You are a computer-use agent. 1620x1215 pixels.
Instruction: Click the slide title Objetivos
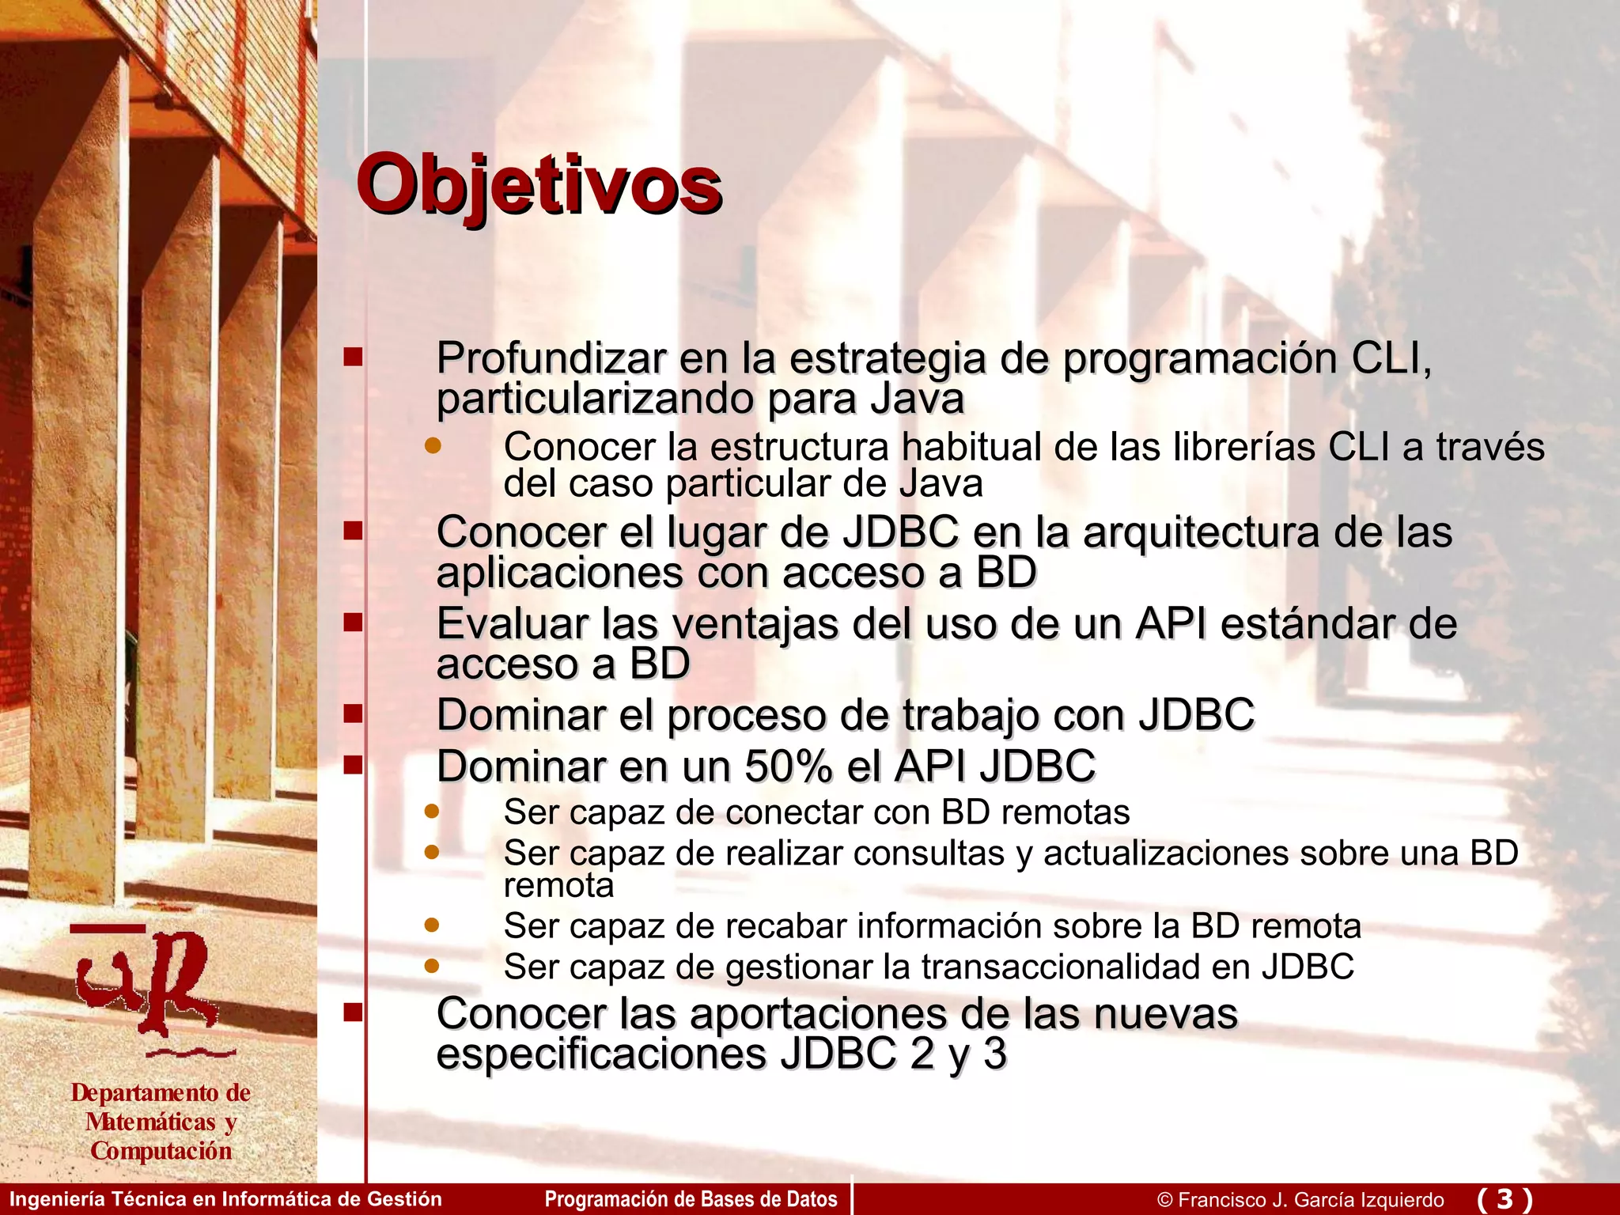[539, 186]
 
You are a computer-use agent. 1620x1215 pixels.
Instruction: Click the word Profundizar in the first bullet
[551, 358]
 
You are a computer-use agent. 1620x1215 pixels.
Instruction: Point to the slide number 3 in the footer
[1505, 1198]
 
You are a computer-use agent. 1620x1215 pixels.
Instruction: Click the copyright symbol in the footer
[1164, 1200]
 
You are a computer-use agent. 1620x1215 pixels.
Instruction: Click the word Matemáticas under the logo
[150, 1122]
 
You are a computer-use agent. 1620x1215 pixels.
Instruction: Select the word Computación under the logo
[161, 1151]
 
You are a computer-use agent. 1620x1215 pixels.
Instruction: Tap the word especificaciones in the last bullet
[601, 1054]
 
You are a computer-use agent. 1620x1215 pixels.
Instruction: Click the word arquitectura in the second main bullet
[1201, 532]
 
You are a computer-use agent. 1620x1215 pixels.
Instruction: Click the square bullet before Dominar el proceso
[353, 714]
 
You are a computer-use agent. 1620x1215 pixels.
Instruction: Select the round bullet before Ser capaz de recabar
[431, 925]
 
